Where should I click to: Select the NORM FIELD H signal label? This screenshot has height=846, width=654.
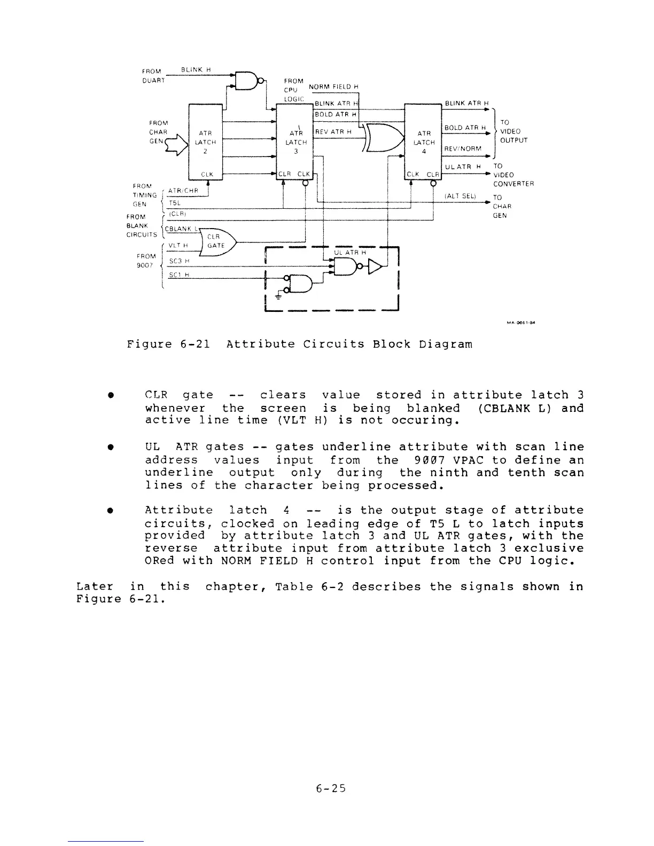[333, 88]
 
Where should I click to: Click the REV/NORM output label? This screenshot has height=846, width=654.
[463, 148]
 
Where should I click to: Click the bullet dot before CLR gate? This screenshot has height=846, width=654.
[109, 396]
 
